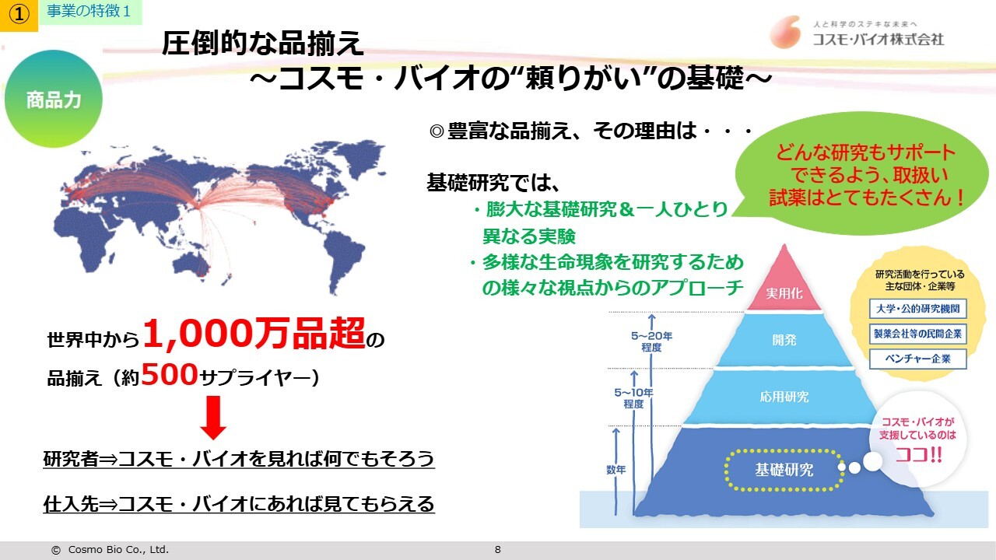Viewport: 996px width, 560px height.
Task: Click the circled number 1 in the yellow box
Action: (x=19, y=15)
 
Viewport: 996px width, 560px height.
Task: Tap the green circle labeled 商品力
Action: (x=54, y=99)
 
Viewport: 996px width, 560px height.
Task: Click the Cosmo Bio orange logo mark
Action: (x=786, y=32)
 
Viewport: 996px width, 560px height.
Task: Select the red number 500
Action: (x=170, y=374)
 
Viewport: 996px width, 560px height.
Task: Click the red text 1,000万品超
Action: (x=254, y=334)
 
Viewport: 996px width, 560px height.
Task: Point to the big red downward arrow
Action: (x=213, y=418)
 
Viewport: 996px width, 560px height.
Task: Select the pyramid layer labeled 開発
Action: (x=784, y=340)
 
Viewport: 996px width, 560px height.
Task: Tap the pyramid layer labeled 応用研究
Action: (x=784, y=396)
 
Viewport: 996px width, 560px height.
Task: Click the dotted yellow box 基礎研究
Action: (x=784, y=470)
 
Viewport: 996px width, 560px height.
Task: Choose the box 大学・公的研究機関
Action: (x=917, y=309)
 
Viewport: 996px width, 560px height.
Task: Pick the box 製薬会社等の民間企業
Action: (x=917, y=334)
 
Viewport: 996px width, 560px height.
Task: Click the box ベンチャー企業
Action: (x=917, y=359)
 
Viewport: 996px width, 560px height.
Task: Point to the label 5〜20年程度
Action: (x=651, y=341)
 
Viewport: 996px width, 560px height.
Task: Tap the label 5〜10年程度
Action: (x=633, y=398)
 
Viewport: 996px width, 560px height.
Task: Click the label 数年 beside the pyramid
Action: (x=615, y=469)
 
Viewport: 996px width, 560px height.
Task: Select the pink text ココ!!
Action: (x=918, y=455)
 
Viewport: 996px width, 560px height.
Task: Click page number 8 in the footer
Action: (x=497, y=550)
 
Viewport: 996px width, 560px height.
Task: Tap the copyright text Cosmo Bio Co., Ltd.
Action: (x=118, y=550)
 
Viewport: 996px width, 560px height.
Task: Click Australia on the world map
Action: (x=191, y=264)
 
